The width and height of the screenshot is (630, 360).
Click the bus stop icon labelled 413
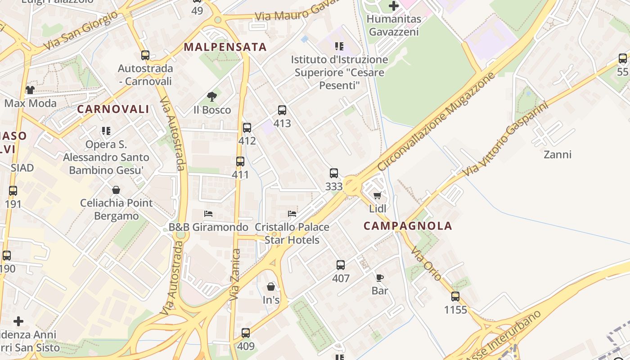tap(282, 110)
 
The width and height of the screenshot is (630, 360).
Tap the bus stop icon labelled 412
tap(247, 128)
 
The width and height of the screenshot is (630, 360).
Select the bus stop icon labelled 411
tap(240, 161)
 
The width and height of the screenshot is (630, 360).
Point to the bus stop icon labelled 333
tap(333, 173)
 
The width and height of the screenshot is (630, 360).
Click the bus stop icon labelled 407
tap(341, 265)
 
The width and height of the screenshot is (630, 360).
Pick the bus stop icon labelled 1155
tap(455, 297)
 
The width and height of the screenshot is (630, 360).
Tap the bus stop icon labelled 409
tap(245, 333)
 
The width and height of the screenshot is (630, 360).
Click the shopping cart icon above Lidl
tap(378, 195)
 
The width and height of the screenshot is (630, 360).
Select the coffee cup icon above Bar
tap(379, 278)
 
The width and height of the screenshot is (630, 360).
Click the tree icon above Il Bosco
tap(211, 96)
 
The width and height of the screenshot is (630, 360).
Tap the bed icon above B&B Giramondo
tap(208, 213)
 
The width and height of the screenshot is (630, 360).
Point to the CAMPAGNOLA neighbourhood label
tap(408, 226)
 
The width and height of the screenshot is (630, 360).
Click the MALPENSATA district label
tap(225, 47)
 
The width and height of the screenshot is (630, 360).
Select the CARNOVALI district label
tap(113, 109)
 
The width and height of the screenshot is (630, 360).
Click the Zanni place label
tap(558, 155)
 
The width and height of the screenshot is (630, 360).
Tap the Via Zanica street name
tap(235, 275)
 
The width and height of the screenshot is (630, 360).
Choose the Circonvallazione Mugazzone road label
tap(436, 121)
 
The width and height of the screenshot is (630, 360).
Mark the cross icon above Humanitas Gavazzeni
tap(394, 6)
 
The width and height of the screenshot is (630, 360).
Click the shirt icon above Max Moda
tap(30, 90)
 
